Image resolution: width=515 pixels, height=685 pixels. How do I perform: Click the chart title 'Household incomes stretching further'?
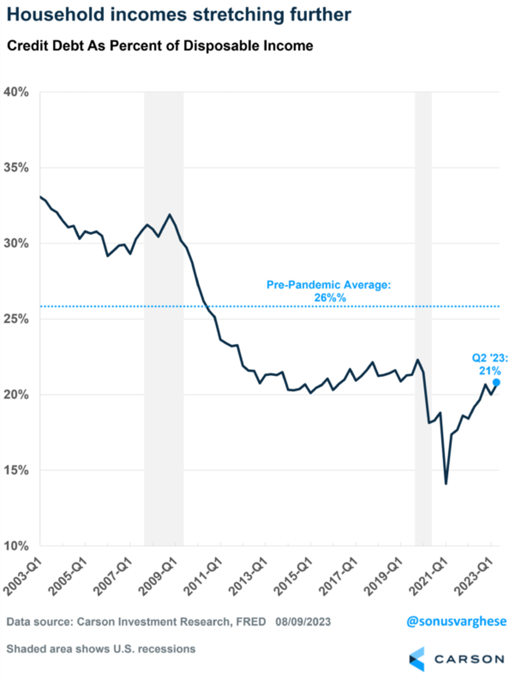[179, 15]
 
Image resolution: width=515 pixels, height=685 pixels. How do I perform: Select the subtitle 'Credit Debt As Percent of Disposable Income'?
[160, 46]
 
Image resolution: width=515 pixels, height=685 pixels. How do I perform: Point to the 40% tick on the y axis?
[17, 92]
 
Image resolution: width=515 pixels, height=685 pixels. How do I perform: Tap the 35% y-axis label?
[17, 168]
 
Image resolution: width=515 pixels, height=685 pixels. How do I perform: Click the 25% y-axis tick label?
[17, 320]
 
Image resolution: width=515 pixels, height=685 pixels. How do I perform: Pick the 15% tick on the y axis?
[17, 471]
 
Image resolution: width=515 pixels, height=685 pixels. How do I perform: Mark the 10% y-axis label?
[17, 546]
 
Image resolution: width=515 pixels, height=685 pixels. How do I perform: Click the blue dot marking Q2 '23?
[496, 382]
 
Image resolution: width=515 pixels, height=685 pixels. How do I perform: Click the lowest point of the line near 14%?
[446, 484]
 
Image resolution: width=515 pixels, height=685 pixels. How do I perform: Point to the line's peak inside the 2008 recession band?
[170, 215]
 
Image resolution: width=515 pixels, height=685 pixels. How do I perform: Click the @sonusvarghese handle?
[456, 621]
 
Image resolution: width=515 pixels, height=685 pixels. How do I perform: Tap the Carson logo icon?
[417, 659]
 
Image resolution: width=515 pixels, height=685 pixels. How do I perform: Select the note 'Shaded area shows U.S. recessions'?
[101, 649]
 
